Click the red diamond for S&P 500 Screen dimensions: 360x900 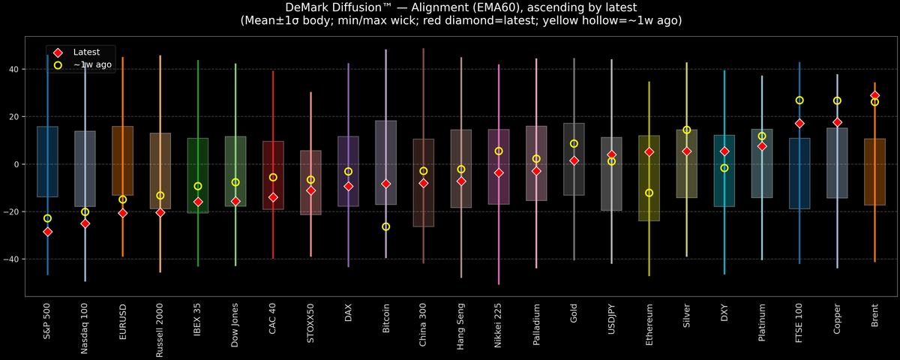coord(47,232)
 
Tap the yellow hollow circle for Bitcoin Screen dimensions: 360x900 coord(385,226)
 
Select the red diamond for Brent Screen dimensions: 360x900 coord(874,96)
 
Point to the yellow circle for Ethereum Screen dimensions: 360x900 coord(649,193)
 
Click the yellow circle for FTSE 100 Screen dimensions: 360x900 coord(799,100)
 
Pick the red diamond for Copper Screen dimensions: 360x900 coord(837,122)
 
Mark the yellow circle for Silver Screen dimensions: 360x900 coord(686,130)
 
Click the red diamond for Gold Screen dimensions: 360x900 coord(574,160)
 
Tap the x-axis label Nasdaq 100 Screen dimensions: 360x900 coord(85,328)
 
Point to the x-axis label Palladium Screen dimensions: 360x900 coord(536,325)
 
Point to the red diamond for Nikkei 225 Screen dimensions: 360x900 coord(499,172)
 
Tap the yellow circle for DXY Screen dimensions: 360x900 coord(724,168)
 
